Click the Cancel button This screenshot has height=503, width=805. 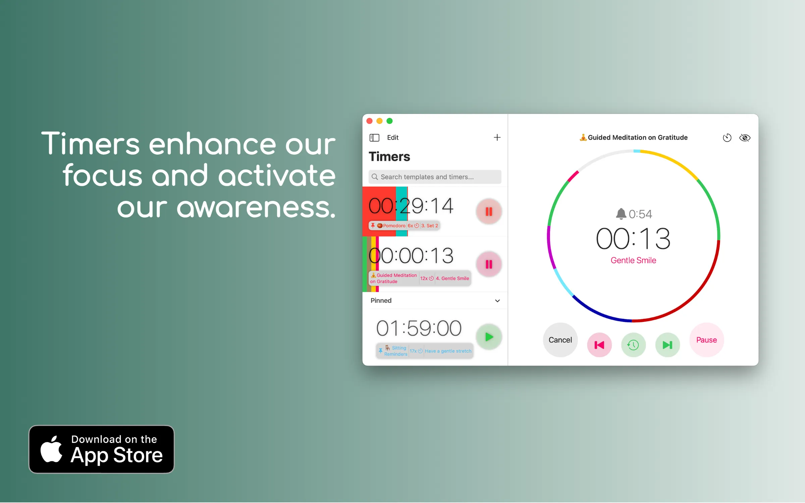pyautogui.click(x=560, y=340)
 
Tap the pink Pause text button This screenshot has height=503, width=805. pyautogui.click(x=706, y=340)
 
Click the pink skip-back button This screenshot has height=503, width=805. pyautogui.click(x=599, y=345)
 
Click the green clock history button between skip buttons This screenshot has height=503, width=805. pyautogui.click(x=633, y=345)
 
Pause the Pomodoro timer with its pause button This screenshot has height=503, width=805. pyautogui.click(x=489, y=212)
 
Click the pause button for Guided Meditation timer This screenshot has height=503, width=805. pyautogui.click(x=489, y=264)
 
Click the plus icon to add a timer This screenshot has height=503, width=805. pyautogui.click(x=497, y=137)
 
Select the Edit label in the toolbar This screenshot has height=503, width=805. pyautogui.click(x=393, y=137)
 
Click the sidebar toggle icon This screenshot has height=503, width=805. pyautogui.click(x=374, y=137)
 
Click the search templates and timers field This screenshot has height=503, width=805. pyautogui.click(x=435, y=177)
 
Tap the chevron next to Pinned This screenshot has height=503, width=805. pyautogui.click(x=497, y=301)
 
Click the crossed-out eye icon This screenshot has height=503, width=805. pyautogui.click(x=745, y=138)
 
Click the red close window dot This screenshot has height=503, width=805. pyautogui.click(x=370, y=121)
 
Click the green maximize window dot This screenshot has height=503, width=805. pyautogui.click(x=389, y=121)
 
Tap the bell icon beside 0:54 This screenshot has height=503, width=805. pyautogui.click(x=621, y=214)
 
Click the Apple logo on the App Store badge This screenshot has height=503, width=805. pyautogui.click(x=51, y=449)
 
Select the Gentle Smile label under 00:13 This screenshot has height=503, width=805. pyautogui.click(x=633, y=260)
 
